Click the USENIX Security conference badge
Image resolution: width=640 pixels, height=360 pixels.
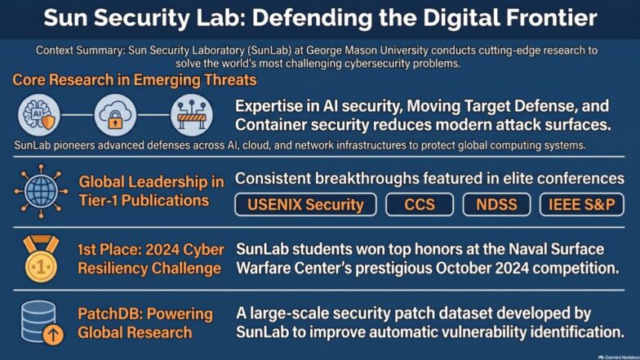click(x=305, y=204)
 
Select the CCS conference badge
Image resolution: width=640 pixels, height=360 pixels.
click(x=420, y=204)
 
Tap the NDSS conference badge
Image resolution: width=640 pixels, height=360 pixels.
click(x=496, y=204)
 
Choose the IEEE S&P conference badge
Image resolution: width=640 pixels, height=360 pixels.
click(x=581, y=204)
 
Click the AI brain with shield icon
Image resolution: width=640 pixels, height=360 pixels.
click(x=39, y=115)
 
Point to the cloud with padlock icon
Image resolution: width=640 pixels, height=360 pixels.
click(x=115, y=115)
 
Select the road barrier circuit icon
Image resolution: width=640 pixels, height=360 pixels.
click(x=191, y=115)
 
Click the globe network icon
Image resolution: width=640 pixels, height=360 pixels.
click(x=41, y=191)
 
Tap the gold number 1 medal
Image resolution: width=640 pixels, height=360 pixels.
click(x=41, y=259)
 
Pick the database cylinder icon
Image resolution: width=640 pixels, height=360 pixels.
click(x=38, y=322)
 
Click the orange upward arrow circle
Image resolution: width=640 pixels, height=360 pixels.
click(x=53, y=335)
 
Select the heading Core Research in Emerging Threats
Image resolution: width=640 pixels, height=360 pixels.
click(x=134, y=80)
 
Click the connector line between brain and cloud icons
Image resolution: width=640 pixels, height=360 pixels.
click(x=77, y=115)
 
